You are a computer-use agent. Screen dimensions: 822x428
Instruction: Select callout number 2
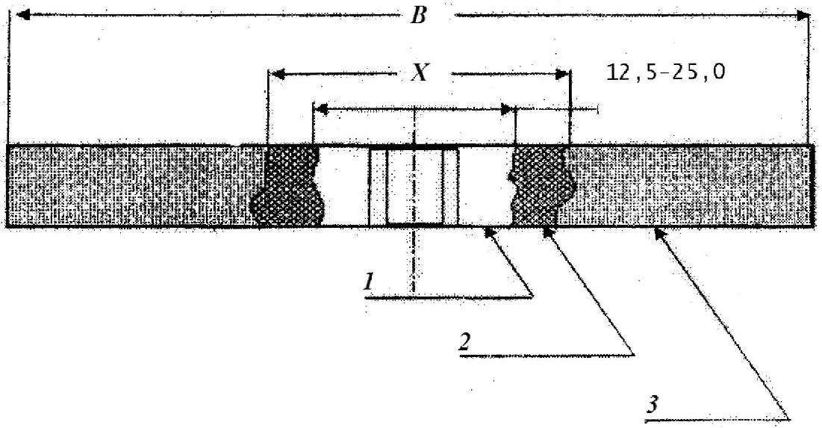point(464,343)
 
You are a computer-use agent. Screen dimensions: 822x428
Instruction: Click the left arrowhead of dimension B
point(22,15)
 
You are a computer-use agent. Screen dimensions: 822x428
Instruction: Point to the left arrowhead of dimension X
point(275,74)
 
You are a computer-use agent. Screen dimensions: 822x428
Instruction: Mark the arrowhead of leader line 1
point(488,232)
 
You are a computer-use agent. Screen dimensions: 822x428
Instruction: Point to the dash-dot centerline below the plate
point(413,261)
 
